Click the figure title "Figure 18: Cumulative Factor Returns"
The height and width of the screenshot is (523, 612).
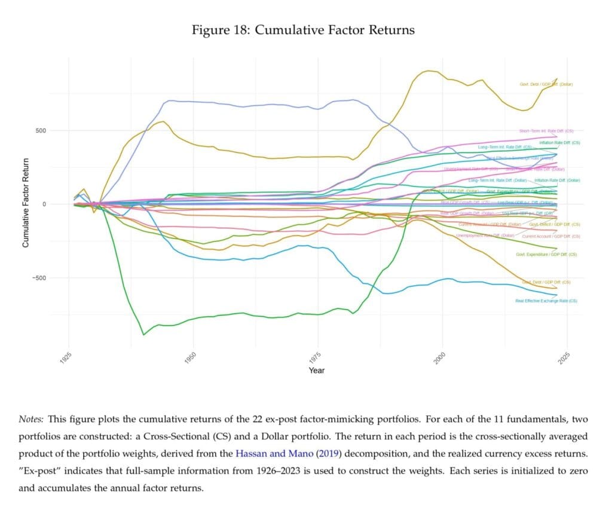tap(303, 29)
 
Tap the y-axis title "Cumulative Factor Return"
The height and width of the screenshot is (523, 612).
tap(26, 203)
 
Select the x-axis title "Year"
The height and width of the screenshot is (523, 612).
tap(317, 371)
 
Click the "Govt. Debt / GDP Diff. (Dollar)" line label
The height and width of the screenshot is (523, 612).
tap(546, 84)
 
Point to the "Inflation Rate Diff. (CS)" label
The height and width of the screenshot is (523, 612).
tap(559, 143)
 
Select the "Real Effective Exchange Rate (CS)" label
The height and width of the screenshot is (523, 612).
tap(546, 301)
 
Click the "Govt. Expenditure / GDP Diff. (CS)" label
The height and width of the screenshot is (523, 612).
tap(546, 254)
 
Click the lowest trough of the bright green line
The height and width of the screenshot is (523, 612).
tap(143, 335)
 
